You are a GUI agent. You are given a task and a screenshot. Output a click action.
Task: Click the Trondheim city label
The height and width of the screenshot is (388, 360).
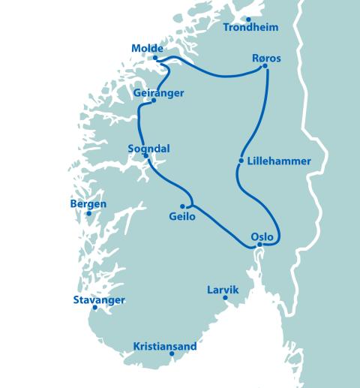click(251, 28)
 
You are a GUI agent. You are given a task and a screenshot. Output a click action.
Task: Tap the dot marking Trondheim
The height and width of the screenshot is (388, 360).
click(247, 18)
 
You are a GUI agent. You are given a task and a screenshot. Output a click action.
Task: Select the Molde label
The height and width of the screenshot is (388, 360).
click(147, 49)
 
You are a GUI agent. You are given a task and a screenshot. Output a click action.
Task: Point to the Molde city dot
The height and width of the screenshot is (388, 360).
click(155, 58)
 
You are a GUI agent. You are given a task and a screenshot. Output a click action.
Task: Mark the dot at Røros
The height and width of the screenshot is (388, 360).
click(265, 67)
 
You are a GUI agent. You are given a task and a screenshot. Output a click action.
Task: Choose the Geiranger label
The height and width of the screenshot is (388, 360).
click(158, 92)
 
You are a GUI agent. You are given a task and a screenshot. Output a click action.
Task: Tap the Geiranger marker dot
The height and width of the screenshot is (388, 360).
click(153, 101)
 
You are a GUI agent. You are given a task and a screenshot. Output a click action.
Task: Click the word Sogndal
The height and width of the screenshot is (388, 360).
click(149, 149)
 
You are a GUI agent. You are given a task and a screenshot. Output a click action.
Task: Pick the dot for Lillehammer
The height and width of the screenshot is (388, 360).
click(241, 161)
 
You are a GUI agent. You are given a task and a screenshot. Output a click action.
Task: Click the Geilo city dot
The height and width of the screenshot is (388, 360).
click(182, 206)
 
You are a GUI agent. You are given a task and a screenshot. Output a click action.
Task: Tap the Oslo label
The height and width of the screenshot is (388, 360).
click(262, 235)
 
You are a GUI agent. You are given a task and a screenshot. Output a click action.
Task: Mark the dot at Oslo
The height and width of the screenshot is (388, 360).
click(259, 245)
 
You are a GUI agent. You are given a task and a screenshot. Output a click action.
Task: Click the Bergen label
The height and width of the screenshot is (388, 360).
click(88, 203)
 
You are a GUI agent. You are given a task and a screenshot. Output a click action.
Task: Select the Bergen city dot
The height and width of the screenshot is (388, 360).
click(88, 213)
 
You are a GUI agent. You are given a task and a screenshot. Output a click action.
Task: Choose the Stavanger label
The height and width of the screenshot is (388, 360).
click(99, 300)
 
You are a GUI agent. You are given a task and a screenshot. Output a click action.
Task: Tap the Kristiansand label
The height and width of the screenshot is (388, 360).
click(165, 346)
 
